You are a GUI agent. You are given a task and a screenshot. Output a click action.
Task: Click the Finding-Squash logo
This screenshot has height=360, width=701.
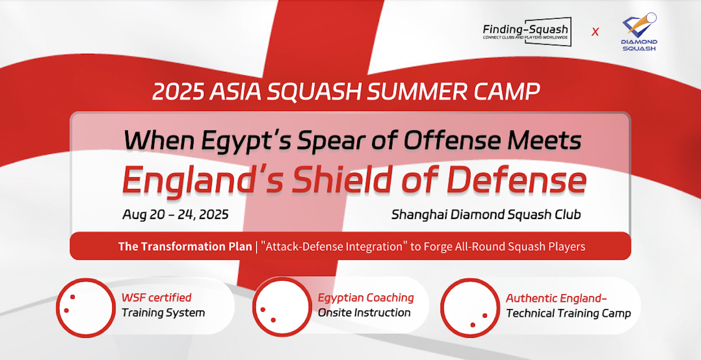pos(527,32)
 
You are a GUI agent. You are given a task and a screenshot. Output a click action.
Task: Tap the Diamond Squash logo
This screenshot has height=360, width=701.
pos(639,32)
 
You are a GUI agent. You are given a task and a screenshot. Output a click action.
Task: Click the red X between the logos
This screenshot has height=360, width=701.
pos(595,32)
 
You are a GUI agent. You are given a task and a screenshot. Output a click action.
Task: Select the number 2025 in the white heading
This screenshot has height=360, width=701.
pos(178,92)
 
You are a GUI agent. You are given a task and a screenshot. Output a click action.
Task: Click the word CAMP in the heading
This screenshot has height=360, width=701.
pos(507,92)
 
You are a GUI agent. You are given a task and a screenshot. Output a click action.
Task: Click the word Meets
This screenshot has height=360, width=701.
pos(545,140)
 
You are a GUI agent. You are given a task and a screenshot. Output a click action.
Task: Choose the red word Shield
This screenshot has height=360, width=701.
pos(343,179)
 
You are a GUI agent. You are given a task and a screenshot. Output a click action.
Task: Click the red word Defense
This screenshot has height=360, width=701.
pos(516,180)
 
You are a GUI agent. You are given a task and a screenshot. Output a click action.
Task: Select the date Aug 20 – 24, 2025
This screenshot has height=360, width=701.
pos(176,215)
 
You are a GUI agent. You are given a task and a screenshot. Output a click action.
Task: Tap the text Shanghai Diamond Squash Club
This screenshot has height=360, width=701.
pos(486,215)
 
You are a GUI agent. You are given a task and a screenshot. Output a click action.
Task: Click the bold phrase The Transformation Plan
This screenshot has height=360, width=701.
pos(185,246)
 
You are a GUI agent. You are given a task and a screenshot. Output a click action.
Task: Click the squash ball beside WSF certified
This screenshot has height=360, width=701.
pos(86,308)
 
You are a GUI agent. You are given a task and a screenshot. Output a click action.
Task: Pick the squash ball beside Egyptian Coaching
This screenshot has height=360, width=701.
pos(282,307)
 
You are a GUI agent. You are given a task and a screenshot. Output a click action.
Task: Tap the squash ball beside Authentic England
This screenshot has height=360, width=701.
pos(470,308)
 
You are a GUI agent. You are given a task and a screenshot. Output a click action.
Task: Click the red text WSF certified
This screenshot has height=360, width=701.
pos(156,297)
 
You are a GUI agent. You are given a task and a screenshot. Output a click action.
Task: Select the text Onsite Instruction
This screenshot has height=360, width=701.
pos(364,312)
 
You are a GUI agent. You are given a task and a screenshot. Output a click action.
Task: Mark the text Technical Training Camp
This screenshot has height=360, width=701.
pos(569,313)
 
